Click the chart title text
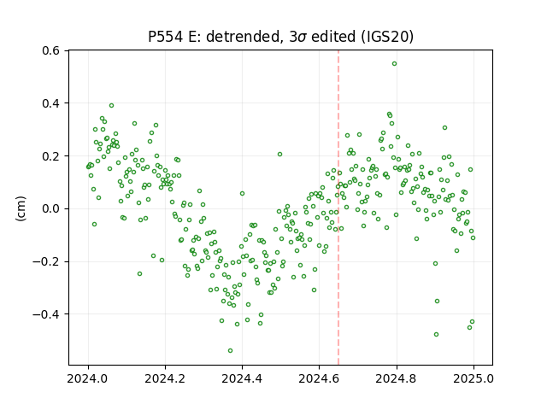click(x=281, y=37)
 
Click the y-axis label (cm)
click(x=21, y=208)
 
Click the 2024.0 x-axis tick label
click(x=88, y=378)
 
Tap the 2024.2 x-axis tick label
click(x=165, y=378)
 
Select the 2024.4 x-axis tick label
click(x=242, y=378)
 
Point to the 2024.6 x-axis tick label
click(x=319, y=378)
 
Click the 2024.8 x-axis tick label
click(x=397, y=378)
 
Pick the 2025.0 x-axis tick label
click(x=473, y=378)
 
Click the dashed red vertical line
click(x=338, y=208)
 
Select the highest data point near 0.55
click(x=394, y=64)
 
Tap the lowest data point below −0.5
click(x=230, y=350)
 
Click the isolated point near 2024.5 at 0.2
click(x=279, y=154)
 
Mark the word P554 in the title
click(x=165, y=37)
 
